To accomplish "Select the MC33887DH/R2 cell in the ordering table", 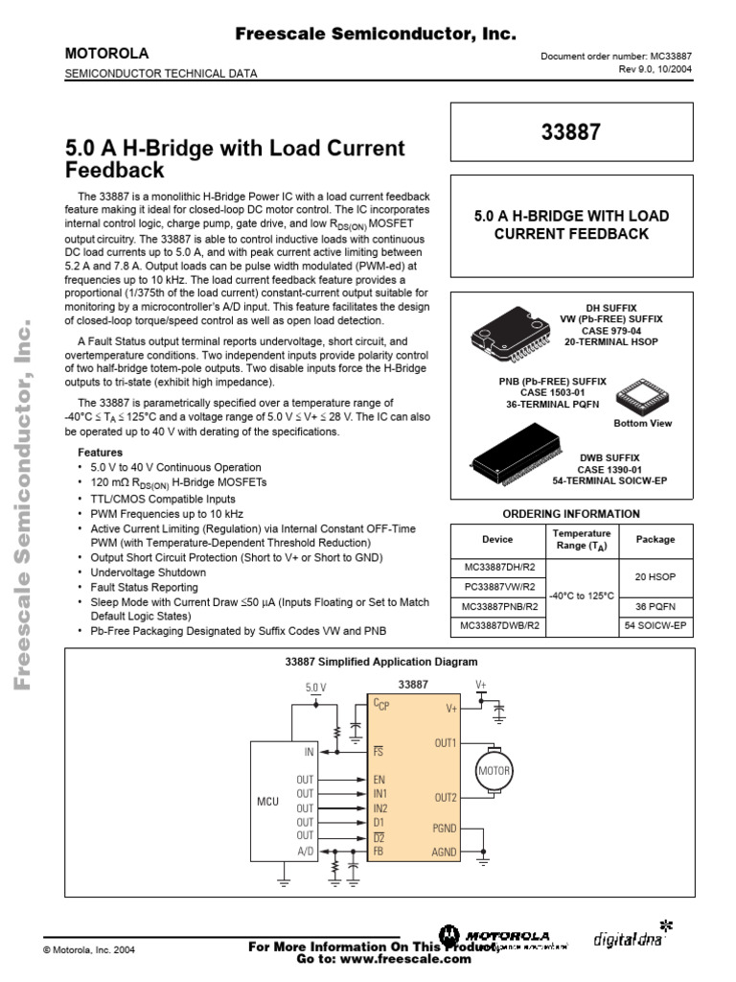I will click(497, 565).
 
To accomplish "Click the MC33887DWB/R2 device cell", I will click(497, 626).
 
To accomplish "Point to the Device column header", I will click(497, 539).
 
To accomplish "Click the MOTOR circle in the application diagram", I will click(494, 770).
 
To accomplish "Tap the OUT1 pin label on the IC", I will click(445, 742).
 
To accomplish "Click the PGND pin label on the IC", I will click(445, 827).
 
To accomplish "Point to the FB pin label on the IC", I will click(379, 850).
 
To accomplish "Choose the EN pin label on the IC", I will click(379, 781).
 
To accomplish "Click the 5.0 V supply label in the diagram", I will click(315, 688).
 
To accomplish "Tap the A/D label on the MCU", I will click(305, 850).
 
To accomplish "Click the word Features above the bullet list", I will click(100, 451).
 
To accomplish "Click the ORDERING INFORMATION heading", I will click(571, 514).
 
